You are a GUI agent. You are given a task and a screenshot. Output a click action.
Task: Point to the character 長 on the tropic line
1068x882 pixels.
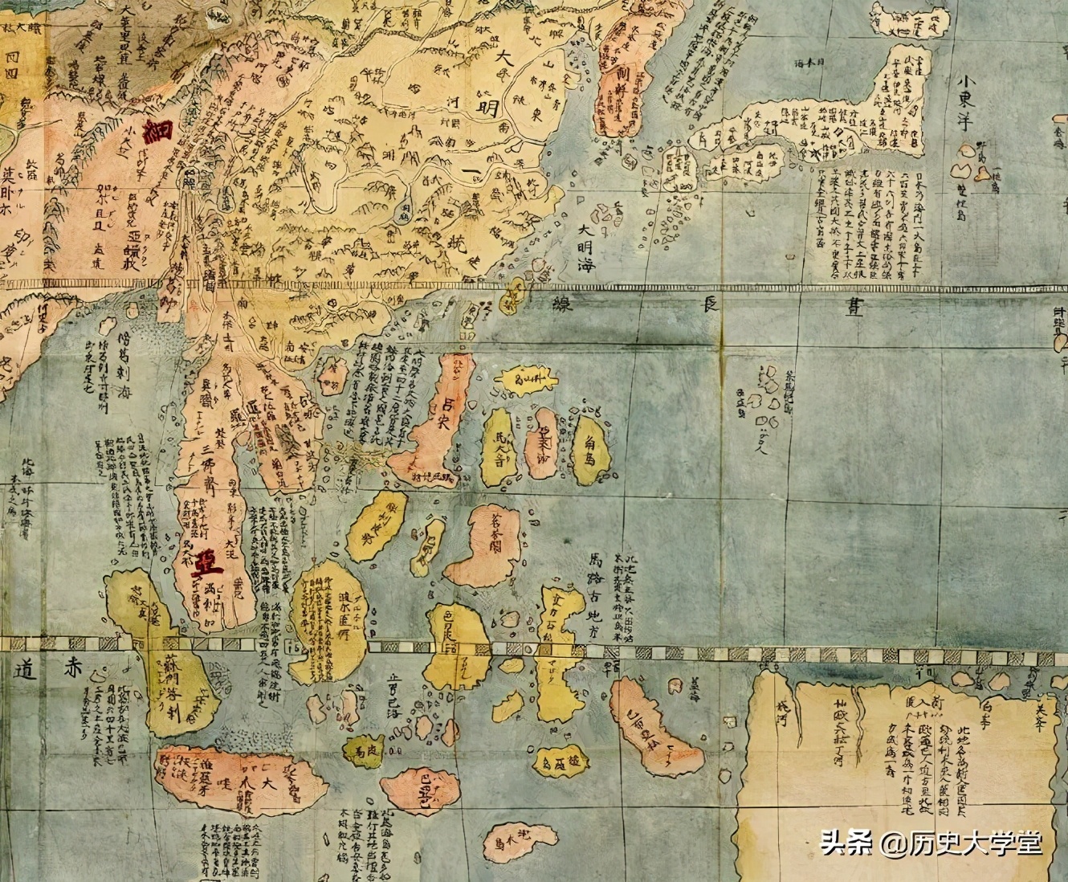pos(711,305)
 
